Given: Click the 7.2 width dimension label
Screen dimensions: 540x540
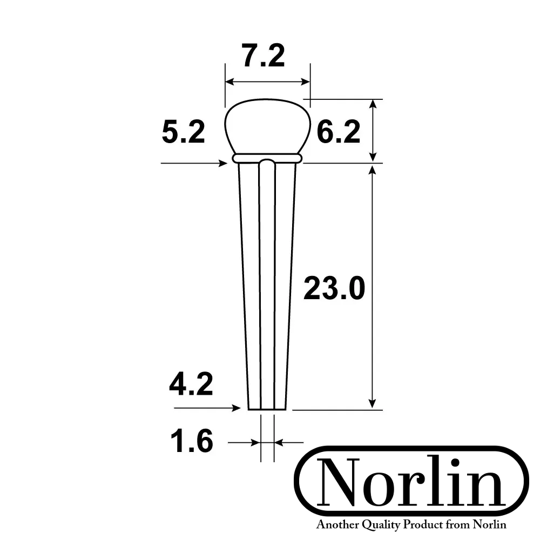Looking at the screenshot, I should click(x=264, y=57).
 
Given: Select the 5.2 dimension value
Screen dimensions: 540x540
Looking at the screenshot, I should click(x=184, y=132).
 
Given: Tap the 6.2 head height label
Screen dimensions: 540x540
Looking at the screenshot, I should click(x=338, y=132).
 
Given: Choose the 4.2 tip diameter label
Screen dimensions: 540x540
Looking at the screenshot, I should click(x=191, y=386).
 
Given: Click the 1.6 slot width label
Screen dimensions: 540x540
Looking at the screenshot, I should click(x=192, y=442).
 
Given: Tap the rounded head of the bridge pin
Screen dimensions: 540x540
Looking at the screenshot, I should click(x=267, y=127).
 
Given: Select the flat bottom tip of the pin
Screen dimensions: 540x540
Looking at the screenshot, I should click(x=267, y=409).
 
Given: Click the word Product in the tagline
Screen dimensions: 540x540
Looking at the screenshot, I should click(x=429, y=524).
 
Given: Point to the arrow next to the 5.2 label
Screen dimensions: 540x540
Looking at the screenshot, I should click(x=194, y=163).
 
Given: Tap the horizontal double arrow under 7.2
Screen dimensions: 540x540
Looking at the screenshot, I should click(x=267, y=82).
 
